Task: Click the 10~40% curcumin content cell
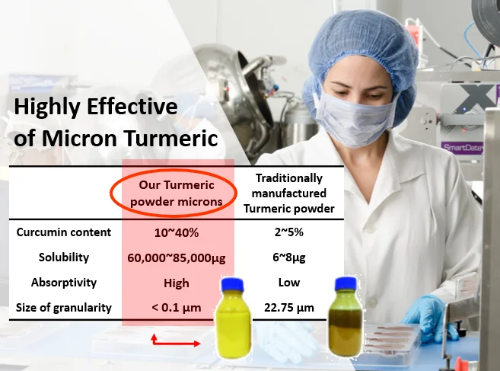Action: coord(177,233)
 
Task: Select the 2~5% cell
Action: coord(289,232)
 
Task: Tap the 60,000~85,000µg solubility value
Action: coord(177,257)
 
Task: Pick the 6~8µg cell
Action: coord(289,257)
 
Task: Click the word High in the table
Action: coord(177,283)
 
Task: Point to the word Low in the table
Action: coord(289,282)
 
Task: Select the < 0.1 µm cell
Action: coord(177,308)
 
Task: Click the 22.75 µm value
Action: coord(289,308)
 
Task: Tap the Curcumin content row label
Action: coord(64,232)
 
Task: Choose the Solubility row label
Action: coord(64,257)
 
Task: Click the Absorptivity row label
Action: coord(64,283)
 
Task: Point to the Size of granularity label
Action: coord(64,308)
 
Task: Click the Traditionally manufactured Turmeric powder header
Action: coord(289,193)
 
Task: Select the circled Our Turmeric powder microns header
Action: coord(177,193)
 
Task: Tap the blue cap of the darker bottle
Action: coord(346,284)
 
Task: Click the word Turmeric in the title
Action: coord(171,138)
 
